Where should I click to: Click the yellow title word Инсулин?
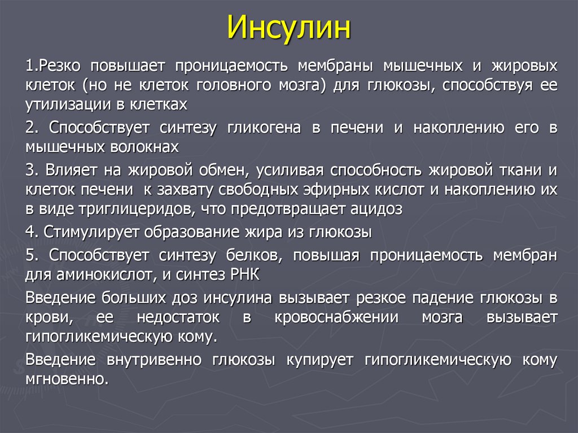289,28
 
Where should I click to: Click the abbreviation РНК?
243,274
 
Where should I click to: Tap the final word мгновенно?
65,378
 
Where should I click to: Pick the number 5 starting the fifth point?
29,255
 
